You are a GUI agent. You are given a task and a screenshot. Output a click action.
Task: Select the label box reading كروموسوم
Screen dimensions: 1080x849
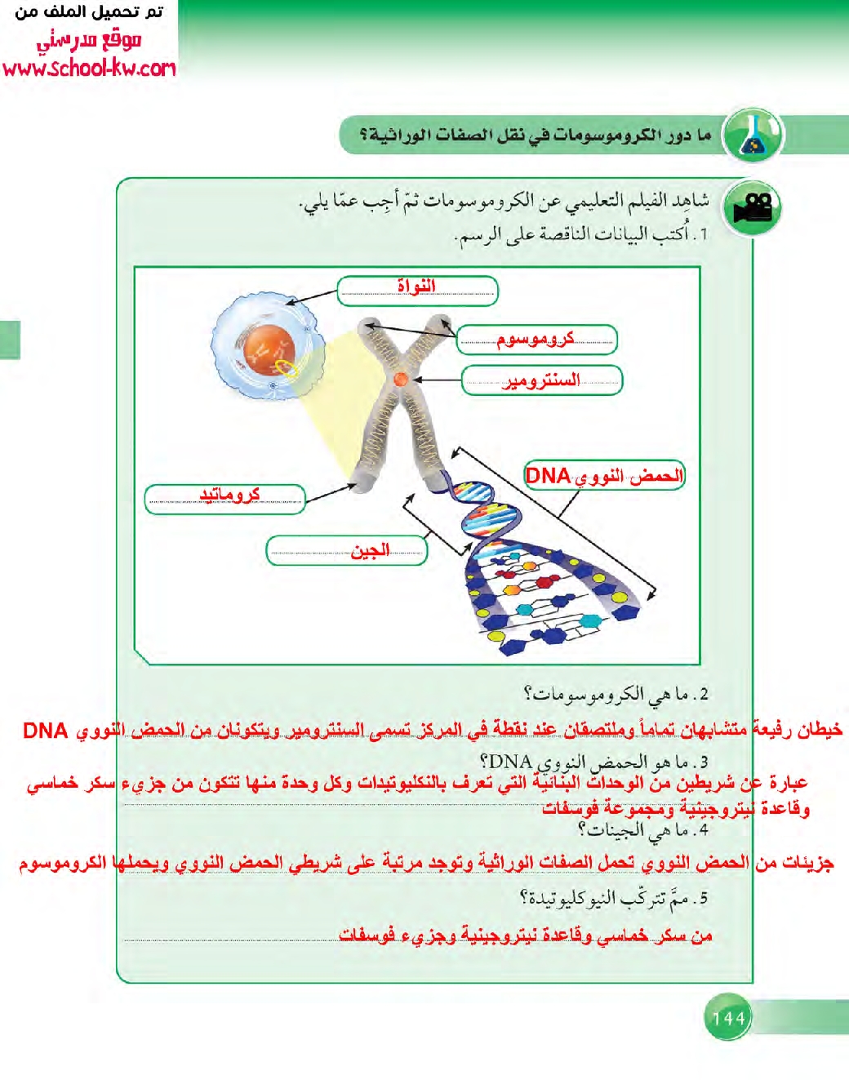pyautogui.click(x=536, y=340)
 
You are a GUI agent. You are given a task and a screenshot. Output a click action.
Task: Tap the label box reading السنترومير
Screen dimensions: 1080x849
pyautogui.click(x=541, y=380)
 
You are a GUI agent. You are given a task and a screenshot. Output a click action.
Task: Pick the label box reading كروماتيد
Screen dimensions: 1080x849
pyautogui.click(x=225, y=498)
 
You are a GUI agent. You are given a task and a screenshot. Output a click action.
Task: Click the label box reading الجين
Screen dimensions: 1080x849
pyautogui.click(x=347, y=550)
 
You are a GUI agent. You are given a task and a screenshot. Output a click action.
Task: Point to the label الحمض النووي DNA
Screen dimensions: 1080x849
pyautogui.click(x=603, y=475)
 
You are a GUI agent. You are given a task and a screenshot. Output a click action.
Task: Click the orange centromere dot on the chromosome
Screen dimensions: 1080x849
pyautogui.click(x=400, y=379)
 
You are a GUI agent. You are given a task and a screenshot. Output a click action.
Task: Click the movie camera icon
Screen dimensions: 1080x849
pyautogui.click(x=752, y=208)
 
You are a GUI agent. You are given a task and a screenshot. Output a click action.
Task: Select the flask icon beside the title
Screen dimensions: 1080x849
pyautogui.click(x=753, y=136)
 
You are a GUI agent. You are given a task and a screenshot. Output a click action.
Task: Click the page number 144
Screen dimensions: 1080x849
pyautogui.click(x=728, y=1017)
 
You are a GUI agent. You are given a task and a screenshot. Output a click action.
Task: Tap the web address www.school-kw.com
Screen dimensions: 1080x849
pyautogui.click(x=89, y=68)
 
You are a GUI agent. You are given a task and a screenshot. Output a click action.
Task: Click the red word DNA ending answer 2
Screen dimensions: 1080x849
pyautogui.click(x=45, y=730)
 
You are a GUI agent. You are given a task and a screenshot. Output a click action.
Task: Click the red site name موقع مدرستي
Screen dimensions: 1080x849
pyautogui.click(x=88, y=39)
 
